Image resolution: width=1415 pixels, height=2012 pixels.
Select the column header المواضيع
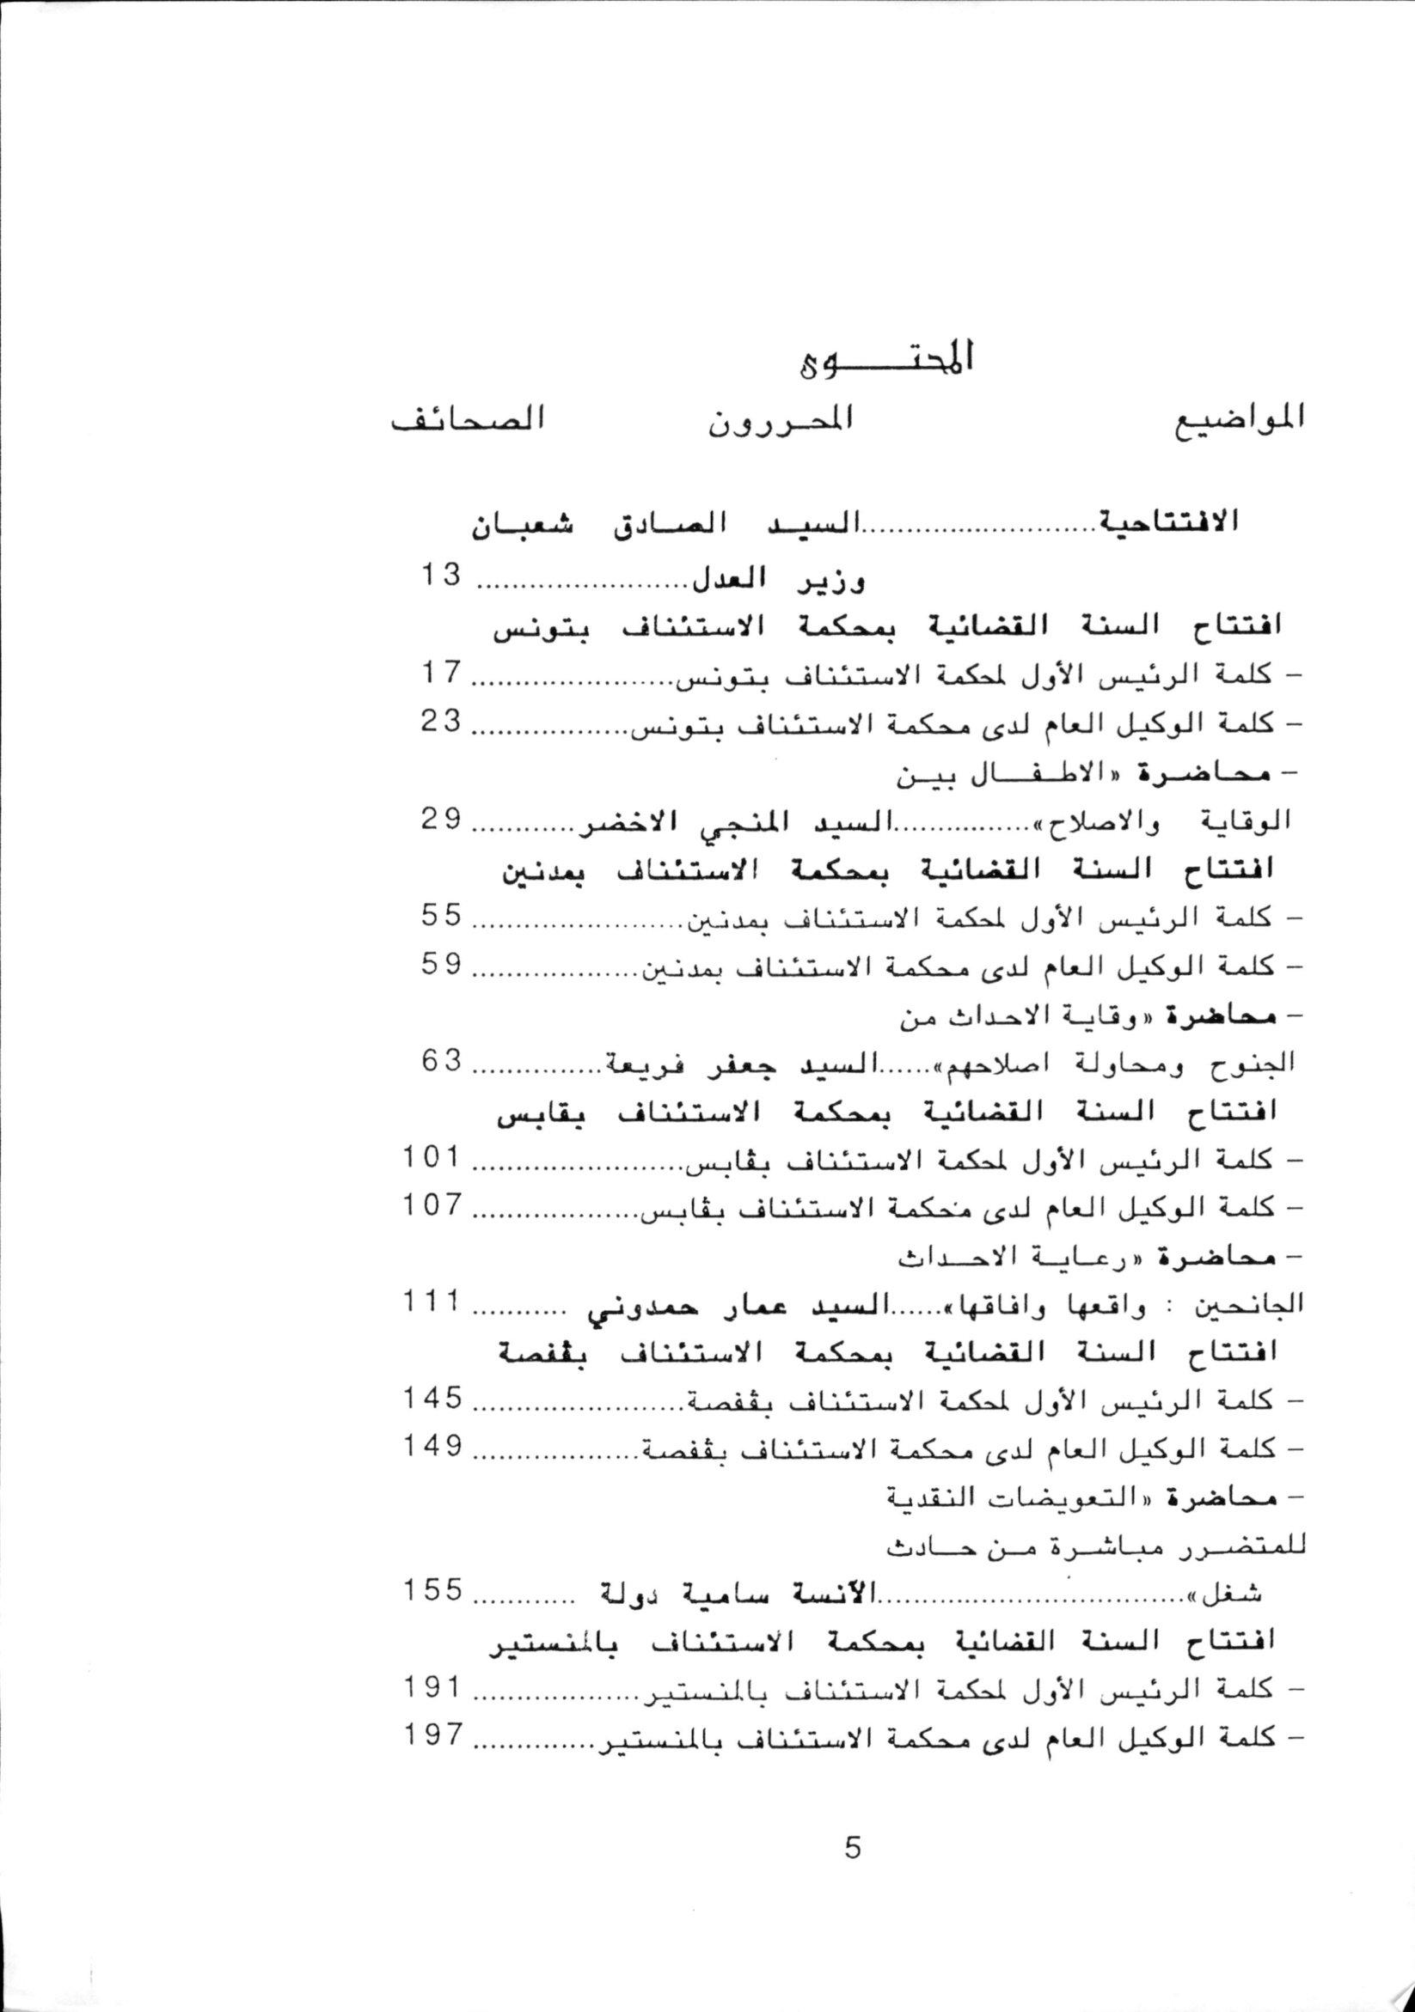coord(1236,420)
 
